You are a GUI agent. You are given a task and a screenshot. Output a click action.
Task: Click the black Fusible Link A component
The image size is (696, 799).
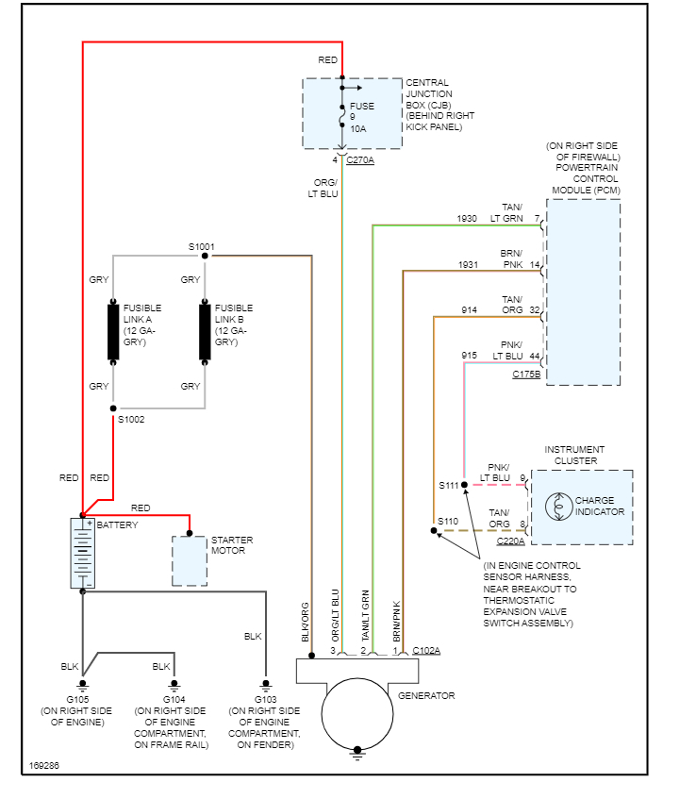click(x=113, y=331)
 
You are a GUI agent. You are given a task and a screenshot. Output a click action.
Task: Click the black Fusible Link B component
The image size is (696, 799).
click(x=205, y=331)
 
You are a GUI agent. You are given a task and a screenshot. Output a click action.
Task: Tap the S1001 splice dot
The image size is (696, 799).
click(x=205, y=256)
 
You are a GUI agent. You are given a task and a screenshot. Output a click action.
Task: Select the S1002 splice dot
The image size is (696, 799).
click(x=113, y=408)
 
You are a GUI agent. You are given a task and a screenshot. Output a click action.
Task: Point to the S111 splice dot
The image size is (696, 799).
click(x=464, y=485)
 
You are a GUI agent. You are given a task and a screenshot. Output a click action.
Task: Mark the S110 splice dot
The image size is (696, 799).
click(x=435, y=531)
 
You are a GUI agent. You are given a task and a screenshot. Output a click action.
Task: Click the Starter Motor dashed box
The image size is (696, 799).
click(x=189, y=561)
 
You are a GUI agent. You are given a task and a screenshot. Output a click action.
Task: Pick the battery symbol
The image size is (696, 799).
click(x=83, y=554)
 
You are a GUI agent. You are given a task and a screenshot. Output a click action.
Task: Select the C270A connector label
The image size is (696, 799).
click(x=360, y=160)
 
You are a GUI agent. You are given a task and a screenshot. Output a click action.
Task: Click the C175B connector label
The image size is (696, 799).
click(x=526, y=375)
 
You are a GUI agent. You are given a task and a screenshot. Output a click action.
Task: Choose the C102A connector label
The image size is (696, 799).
click(x=426, y=651)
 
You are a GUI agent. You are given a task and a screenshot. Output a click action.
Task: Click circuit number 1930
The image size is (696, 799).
click(x=467, y=218)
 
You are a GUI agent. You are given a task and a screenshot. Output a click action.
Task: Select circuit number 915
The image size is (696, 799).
click(x=469, y=355)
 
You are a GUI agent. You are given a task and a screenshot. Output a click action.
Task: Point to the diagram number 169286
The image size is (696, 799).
click(x=43, y=765)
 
